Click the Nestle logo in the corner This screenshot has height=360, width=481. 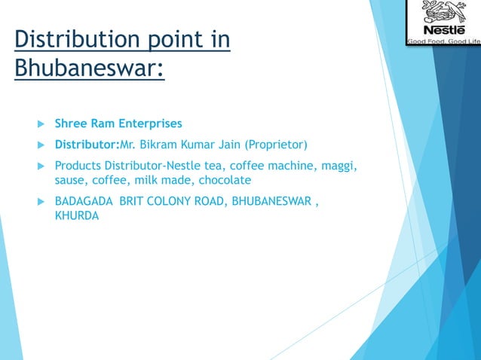tap(443, 23)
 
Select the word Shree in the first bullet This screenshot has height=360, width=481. tap(71, 123)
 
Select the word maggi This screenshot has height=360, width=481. tap(339, 165)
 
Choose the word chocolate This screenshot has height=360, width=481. tap(225, 180)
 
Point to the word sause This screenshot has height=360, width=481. tap(72, 180)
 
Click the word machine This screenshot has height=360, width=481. tap(297, 165)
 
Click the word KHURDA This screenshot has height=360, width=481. tap(77, 216)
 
